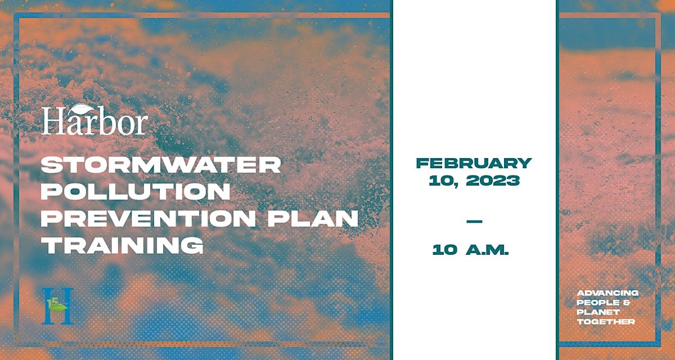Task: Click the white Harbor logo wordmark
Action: (x=95, y=120)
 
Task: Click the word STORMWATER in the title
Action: (x=161, y=165)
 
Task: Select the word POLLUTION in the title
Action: (x=136, y=191)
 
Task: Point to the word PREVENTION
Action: (x=148, y=218)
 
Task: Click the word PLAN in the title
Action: (x=313, y=218)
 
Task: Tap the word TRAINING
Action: (x=123, y=245)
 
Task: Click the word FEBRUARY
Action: (x=474, y=163)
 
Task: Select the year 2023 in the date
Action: (x=493, y=181)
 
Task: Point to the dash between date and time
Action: (x=474, y=222)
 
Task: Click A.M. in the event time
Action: (x=487, y=250)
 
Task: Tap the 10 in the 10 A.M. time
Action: (x=445, y=250)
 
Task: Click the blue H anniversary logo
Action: (x=57, y=306)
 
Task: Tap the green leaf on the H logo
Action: (x=58, y=307)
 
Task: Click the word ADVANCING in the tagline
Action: (x=607, y=293)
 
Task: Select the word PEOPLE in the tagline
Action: (x=594, y=303)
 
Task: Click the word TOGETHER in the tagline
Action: (x=606, y=322)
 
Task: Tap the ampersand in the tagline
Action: (x=625, y=303)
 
